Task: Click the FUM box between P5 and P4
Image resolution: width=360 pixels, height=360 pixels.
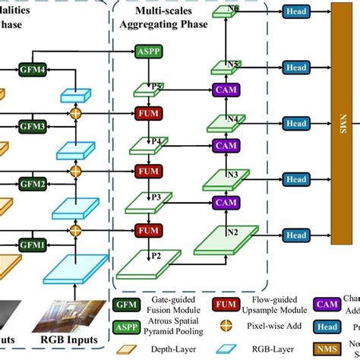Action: tap(149, 113)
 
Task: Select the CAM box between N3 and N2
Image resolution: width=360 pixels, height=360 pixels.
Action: tap(226, 203)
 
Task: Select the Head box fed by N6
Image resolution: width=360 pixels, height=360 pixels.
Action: tap(295, 11)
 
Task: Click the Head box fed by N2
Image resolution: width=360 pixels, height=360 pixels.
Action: tap(295, 236)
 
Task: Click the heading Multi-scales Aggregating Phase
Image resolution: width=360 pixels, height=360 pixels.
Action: tap(190, 19)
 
